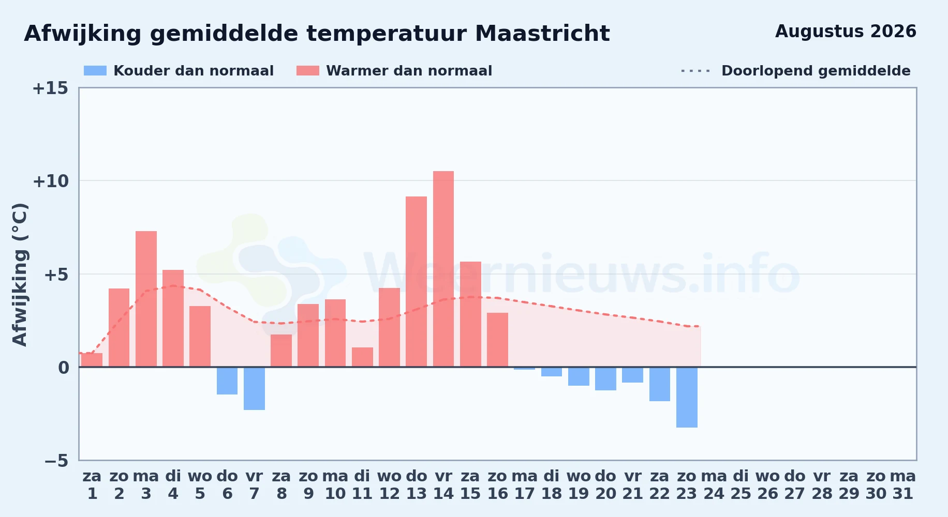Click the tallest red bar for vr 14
tap(443, 269)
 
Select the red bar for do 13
tap(417, 282)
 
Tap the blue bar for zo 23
tap(687, 397)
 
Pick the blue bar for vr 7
tap(254, 388)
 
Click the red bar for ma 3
tap(146, 299)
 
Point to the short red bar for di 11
tap(362, 357)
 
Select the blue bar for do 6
tap(227, 381)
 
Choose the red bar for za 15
tap(470, 314)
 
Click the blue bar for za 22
tap(660, 384)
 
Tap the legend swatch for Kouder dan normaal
tap(95, 71)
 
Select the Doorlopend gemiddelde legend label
tap(816, 71)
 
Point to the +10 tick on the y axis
tap(50, 181)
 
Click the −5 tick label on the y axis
tap(56, 461)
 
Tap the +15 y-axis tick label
tap(50, 88)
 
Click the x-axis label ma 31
tap(903, 485)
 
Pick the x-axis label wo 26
tap(768, 485)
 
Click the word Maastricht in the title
tap(542, 34)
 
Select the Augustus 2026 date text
tap(846, 32)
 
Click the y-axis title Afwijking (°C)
tap(20, 275)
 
